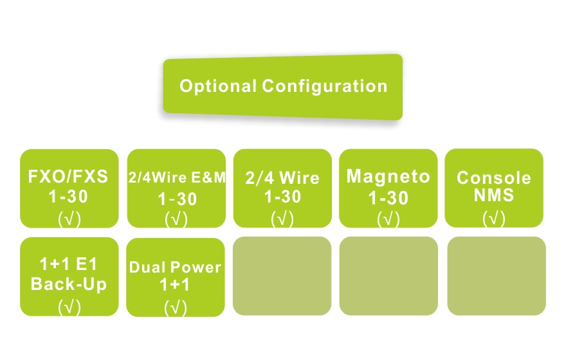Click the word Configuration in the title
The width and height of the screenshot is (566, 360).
click(325, 86)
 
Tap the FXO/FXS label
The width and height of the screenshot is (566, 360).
click(69, 176)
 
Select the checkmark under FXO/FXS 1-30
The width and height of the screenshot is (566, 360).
click(69, 219)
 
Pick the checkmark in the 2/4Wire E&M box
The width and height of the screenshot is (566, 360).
click(176, 219)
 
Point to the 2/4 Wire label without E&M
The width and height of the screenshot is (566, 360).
click(282, 178)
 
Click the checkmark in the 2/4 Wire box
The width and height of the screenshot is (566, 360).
click(282, 219)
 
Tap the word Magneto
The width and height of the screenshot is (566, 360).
click(388, 176)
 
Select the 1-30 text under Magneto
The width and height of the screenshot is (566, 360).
click(388, 198)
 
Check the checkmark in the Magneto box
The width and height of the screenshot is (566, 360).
click(388, 219)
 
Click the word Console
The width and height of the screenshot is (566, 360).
click(494, 177)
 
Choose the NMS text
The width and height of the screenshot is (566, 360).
click(494, 195)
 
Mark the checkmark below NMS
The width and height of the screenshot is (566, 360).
click(494, 219)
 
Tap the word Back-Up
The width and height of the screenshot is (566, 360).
click(69, 284)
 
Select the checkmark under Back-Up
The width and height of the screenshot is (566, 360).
click(69, 307)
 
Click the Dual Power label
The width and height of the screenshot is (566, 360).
click(175, 267)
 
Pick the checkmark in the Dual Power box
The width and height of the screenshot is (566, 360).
click(176, 308)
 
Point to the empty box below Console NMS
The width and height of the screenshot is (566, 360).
click(496, 276)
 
